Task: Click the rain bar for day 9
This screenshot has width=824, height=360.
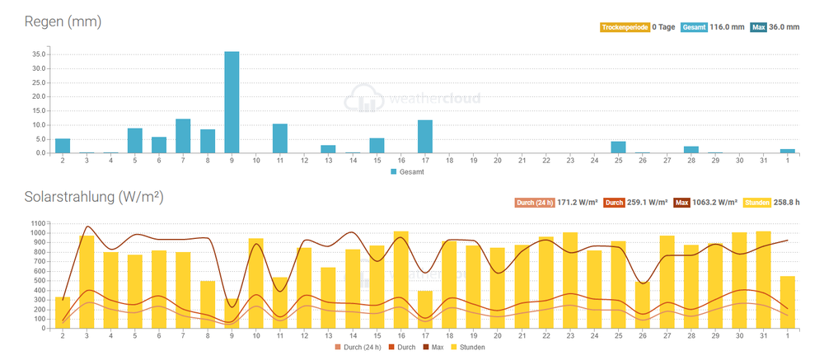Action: pos(232,102)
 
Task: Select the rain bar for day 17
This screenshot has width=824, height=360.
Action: pos(425,137)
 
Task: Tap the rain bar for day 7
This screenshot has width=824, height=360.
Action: pos(183,136)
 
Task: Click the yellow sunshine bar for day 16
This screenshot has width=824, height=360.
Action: pos(401,280)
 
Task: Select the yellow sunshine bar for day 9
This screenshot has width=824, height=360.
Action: pos(232,314)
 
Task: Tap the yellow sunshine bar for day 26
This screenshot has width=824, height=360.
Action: pos(643,306)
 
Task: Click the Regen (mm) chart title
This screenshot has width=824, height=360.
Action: pos(63,22)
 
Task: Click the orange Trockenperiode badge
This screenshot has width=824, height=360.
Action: pos(625,27)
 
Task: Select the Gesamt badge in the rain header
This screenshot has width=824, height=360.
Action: pos(694,27)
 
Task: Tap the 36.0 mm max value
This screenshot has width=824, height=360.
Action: pos(784,27)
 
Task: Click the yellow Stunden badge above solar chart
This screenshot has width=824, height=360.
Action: pos(756,203)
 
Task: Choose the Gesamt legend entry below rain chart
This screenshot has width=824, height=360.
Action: pos(408,172)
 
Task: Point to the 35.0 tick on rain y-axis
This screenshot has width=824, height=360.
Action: pos(41,54)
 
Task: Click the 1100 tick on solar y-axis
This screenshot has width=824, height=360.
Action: pos(42,223)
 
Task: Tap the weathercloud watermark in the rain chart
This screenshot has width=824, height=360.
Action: pos(412,99)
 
